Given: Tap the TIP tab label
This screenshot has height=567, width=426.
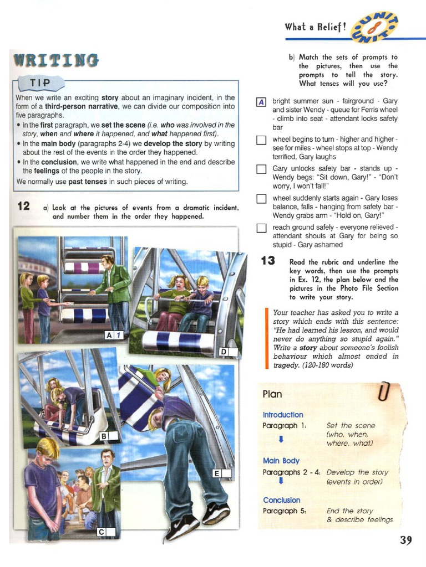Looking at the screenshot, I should tap(38, 83).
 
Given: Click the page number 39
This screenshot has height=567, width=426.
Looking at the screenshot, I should tap(406, 540).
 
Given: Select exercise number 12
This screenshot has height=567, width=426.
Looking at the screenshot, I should tap(23, 207).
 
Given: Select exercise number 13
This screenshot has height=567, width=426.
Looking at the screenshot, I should tap(268, 260).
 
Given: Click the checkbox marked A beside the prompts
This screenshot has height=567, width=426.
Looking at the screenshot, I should tap(262, 102).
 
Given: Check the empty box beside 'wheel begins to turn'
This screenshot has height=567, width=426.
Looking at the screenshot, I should tap(262, 140).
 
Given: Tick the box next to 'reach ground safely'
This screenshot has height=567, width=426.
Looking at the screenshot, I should tap(262, 228).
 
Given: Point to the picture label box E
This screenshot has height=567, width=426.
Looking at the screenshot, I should tap(221, 473).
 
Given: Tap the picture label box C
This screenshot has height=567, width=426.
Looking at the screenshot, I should tap(106, 532).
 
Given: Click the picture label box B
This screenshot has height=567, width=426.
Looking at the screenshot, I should tap(108, 436).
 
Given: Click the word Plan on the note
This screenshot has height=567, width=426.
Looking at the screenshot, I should tap(272, 394).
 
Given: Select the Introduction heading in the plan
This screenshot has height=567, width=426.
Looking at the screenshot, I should tap(283, 415).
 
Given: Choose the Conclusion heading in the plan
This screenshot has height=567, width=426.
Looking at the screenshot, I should tap(281, 500).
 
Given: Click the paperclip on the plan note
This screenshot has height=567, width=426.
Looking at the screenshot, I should tap(383, 392).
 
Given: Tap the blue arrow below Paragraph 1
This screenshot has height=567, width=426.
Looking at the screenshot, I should tap(281, 439).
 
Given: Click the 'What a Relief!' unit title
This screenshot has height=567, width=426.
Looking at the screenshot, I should tap(316, 27).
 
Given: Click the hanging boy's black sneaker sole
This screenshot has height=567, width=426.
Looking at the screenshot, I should tap(183, 528).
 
